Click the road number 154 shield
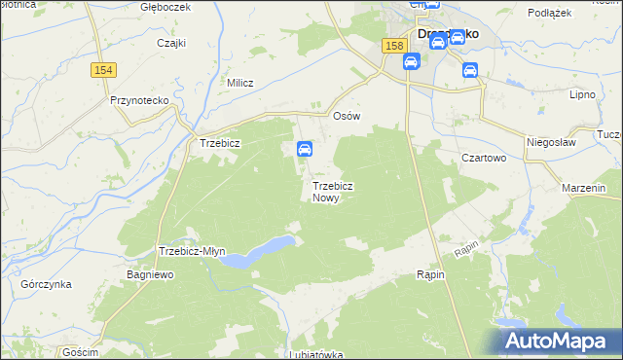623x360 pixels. click(x=104, y=70)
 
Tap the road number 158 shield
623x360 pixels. click(x=393, y=46)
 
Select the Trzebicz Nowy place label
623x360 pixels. click(x=332, y=191)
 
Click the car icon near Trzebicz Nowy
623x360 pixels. click(x=304, y=149)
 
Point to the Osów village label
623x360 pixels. click(x=347, y=116)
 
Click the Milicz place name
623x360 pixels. click(x=239, y=83)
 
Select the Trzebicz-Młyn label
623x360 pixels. click(x=192, y=251)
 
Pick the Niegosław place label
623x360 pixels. click(x=551, y=141)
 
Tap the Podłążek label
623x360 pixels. click(x=548, y=13)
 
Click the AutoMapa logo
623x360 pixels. click(x=560, y=341)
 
